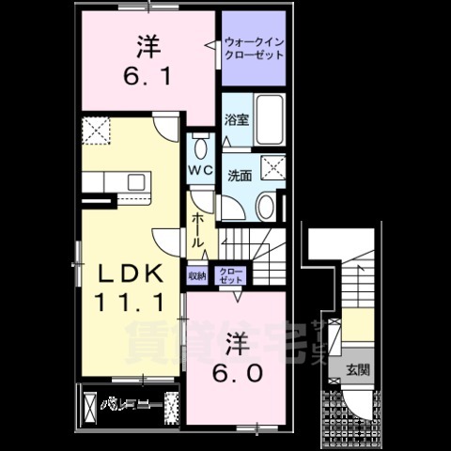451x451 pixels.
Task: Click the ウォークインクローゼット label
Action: (x=254, y=49)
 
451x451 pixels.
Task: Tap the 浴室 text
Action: (x=236, y=119)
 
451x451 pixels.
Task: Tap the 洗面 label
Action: (x=239, y=175)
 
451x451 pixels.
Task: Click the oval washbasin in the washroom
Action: (x=265, y=206)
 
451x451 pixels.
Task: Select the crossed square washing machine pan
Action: (x=275, y=168)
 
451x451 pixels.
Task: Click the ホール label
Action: (x=199, y=228)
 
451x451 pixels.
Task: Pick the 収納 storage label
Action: (x=196, y=275)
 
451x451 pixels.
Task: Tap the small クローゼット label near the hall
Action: (x=229, y=275)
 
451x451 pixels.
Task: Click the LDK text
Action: (x=132, y=273)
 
